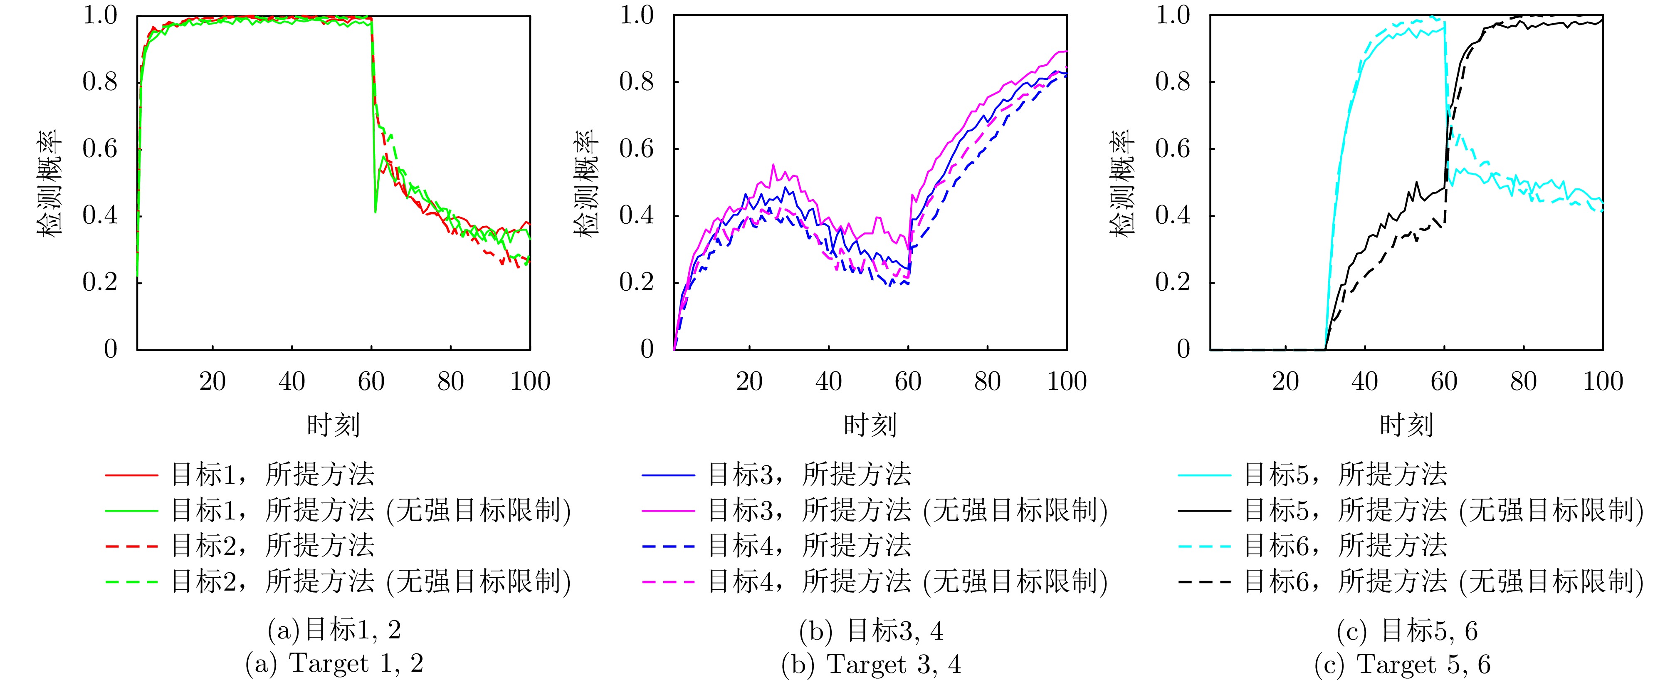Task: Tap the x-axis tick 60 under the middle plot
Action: pos(908,381)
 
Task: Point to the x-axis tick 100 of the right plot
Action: pos(1603,381)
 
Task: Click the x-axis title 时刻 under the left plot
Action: pos(333,425)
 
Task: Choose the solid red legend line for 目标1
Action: pos(131,475)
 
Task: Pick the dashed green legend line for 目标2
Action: pos(131,581)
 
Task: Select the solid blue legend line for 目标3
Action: pos(668,475)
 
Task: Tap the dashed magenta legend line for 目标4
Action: pos(668,581)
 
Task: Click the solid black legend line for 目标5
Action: pos(1205,511)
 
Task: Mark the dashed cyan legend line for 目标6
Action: pos(1205,546)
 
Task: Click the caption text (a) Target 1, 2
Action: pos(334,663)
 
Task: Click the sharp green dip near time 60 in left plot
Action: pos(376,211)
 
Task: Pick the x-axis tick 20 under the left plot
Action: pos(212,381)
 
